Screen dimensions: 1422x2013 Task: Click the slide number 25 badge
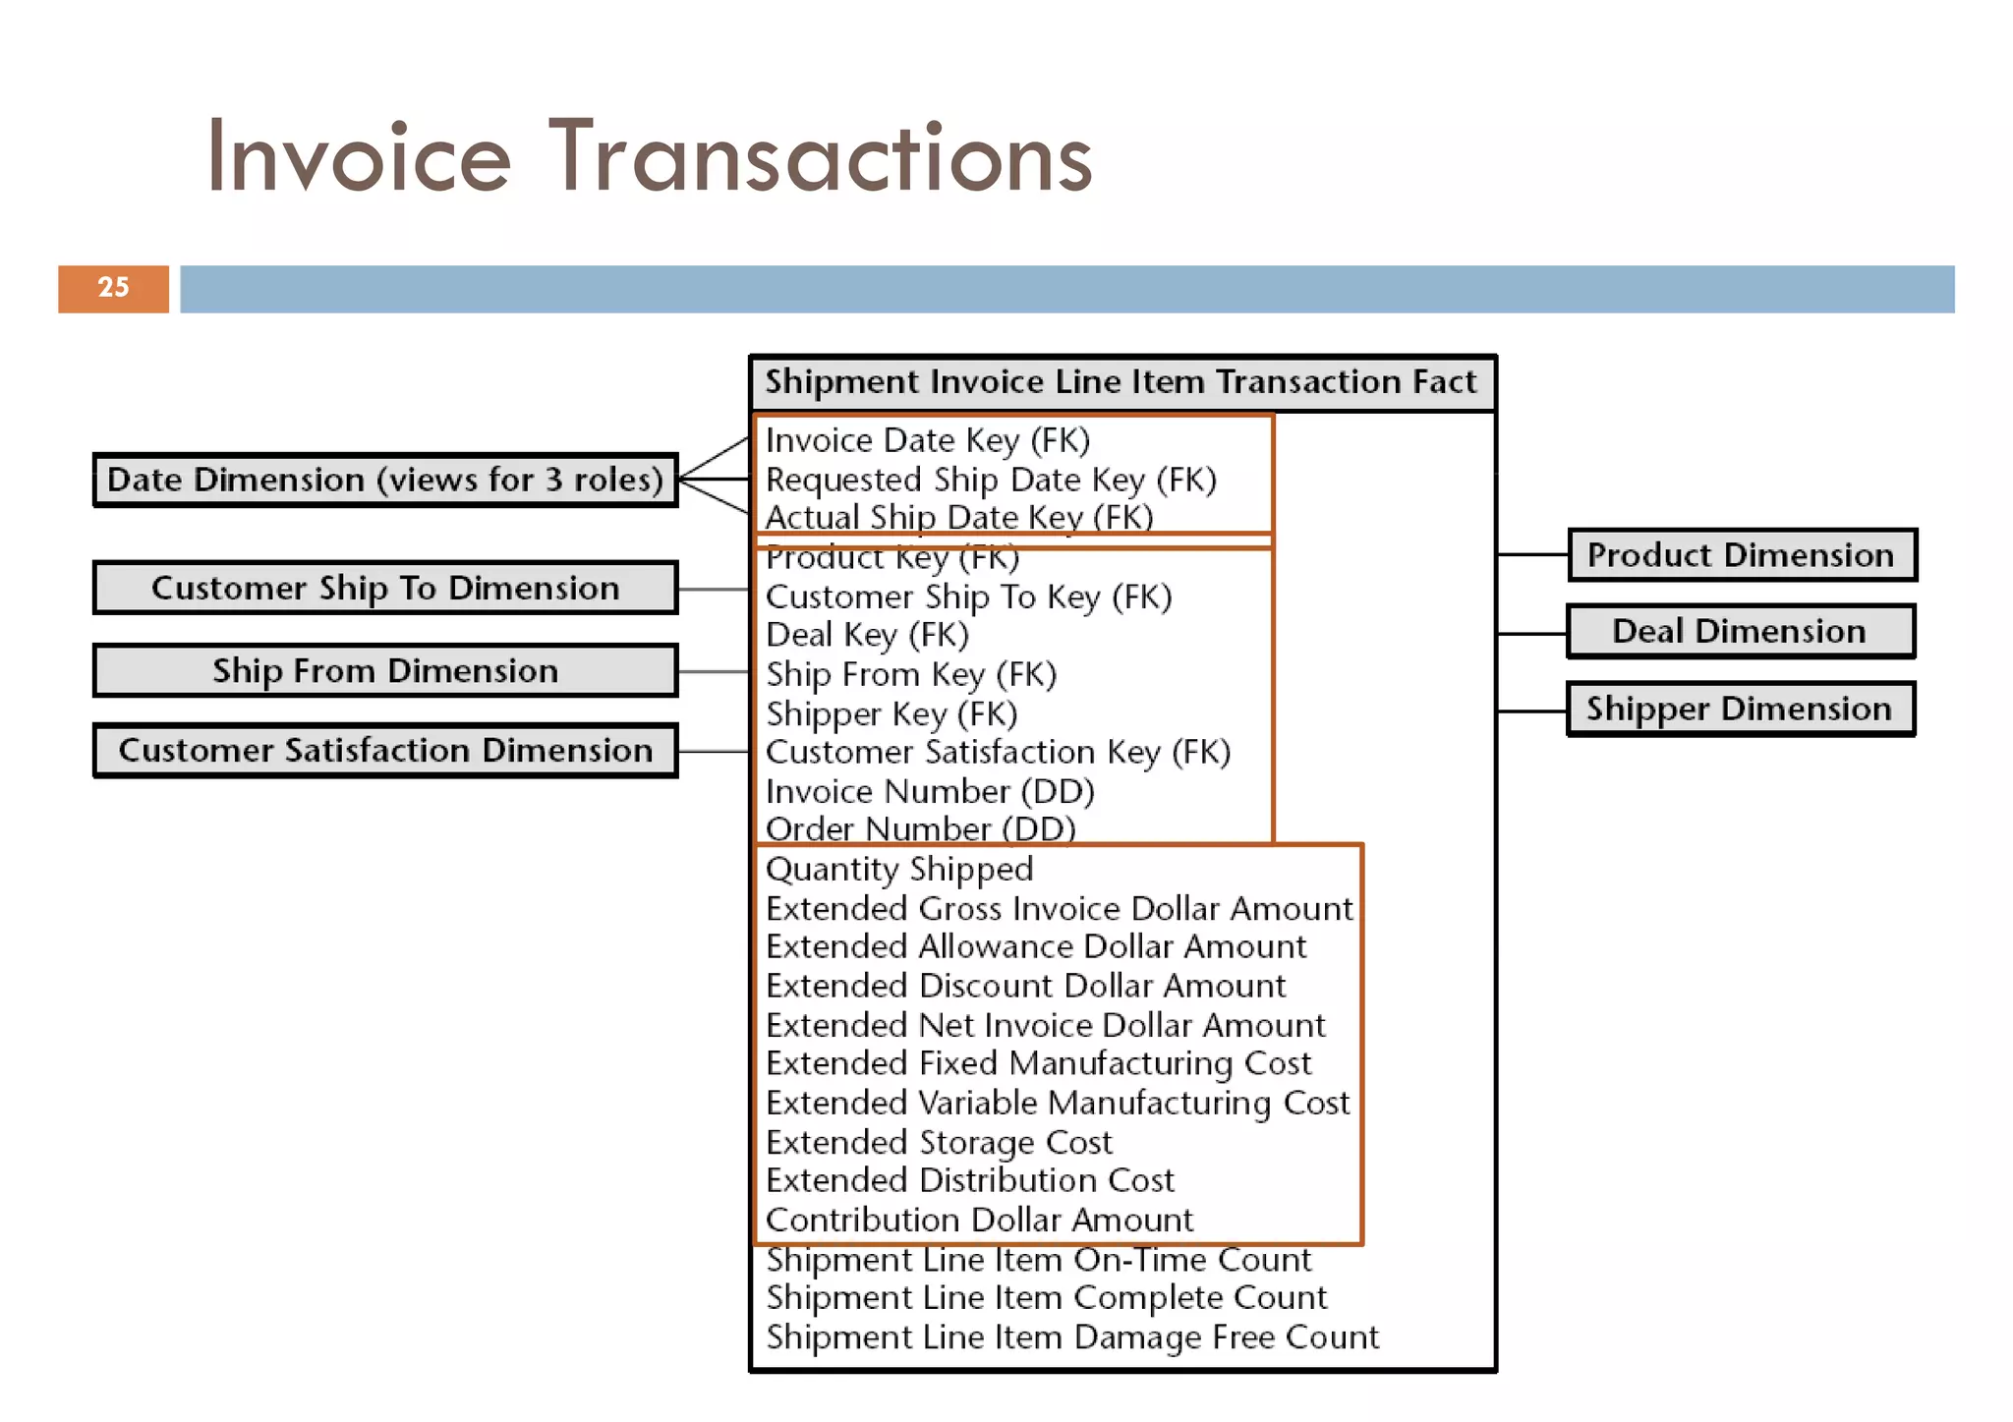(x=113, y=288)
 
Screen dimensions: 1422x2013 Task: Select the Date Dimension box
(x=384, y=480)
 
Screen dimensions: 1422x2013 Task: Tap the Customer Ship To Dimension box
(x=384, y=588)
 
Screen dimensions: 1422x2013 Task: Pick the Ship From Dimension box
(x=384, y=670)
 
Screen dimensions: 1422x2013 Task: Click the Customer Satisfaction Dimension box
(x=384, y=751)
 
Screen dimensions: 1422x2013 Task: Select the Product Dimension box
(x=1741, y=555)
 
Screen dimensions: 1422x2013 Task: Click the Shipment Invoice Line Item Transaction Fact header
(x=1121, y=382)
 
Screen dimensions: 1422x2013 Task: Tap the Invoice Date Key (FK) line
(x=927, y=440)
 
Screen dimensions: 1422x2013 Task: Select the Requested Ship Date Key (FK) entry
(x=990, y=480)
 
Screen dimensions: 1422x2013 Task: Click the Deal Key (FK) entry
(x=866, y=635)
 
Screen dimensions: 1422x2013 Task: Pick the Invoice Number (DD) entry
(x=929, y=791)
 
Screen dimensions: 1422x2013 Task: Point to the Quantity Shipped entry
(x=898, y=869)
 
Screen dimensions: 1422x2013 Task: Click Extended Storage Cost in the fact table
(x=938, y=1142)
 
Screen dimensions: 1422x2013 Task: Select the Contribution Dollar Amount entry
(x=978, y=1220)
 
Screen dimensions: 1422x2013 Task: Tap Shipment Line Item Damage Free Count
(x=1071, y=1337)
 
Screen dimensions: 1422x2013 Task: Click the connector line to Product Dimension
(x=1531, y=555)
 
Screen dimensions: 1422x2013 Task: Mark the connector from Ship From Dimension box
(x=714, y=671)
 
